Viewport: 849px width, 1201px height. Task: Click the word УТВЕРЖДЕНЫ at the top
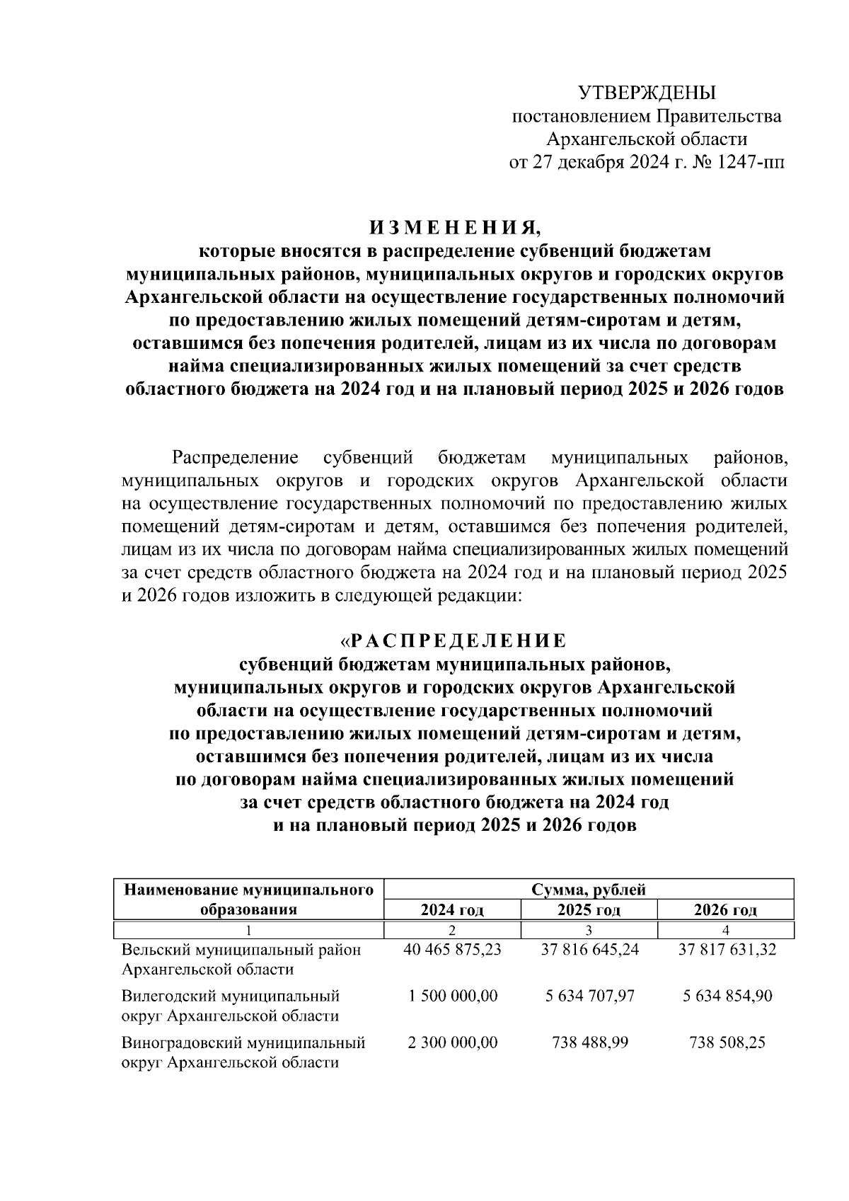(x=647, y=93)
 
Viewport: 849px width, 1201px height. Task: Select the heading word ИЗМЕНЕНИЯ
(x=455, y=228)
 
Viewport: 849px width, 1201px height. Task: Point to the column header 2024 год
(x=452, y=910)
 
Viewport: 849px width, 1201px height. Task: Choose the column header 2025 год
(x=589, y=910)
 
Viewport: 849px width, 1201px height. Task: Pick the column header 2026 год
(x=726, y=910)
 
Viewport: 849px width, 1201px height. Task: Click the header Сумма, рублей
(x=589, y=890)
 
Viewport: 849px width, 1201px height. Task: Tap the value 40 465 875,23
(x=452, y=950)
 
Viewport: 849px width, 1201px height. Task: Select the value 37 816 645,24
(x=589, y=950)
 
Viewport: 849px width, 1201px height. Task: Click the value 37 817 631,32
(x=727, y=950)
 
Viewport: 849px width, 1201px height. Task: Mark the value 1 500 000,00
(x=453, y=996)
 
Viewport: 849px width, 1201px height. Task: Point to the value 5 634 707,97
(x=589, y=996)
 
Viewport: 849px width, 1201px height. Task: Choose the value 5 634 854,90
(x=727, y=996)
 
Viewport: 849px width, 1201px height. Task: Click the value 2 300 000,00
(x=453, y=1042)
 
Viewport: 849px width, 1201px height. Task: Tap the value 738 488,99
(x=589, y=1042)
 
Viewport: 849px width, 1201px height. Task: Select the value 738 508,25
(x=727, y=1042)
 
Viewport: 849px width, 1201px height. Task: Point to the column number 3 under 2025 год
(x=589, y=929)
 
